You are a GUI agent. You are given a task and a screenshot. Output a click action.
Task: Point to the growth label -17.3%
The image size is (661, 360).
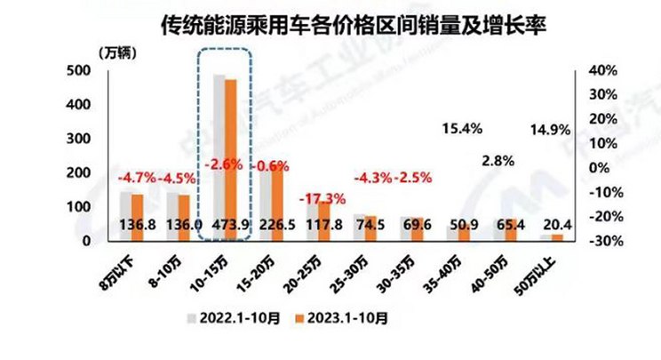pyautogui.click(x=320, y=196)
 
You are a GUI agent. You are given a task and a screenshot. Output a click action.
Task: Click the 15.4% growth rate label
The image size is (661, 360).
pyautogui.click(x=461, y=129)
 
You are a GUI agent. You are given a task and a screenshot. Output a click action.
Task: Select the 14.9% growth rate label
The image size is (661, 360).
pyautogui.click(x=549, y=130)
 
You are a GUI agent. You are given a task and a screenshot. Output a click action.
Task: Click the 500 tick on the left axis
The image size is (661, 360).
pyautogui.click(x=78, y=71)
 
